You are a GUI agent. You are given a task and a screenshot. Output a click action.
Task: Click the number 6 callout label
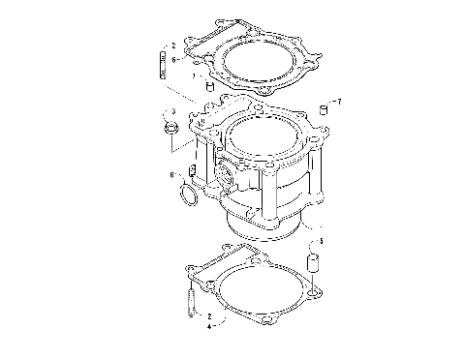[x=173, y=58]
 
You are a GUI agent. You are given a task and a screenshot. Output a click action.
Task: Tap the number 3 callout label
[x=172, y=111]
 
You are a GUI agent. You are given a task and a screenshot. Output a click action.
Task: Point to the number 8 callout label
[x=172, y=175]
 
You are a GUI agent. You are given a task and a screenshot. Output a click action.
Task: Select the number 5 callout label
[x=322, y=240]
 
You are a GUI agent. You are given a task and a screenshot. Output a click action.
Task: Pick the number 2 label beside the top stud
[x=173, y=45]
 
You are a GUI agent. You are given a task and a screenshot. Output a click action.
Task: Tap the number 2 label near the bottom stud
[x=208, y=315]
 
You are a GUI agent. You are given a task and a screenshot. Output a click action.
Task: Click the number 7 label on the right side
[x=338, y=101]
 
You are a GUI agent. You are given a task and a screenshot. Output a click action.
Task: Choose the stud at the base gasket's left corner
[x=189, y=298]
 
